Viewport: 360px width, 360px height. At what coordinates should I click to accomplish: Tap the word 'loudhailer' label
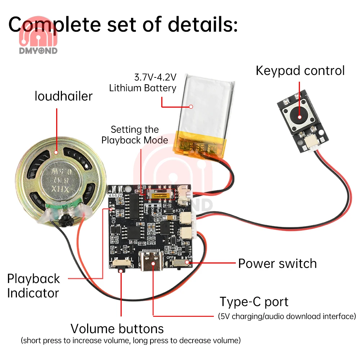[x=63, y=96]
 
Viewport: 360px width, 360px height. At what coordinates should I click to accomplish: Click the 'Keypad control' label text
[x=300, y=71]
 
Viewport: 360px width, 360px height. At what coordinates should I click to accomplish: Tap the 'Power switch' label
[x=277, y=264]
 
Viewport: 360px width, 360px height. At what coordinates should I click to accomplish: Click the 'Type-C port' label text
[x=254, y=302]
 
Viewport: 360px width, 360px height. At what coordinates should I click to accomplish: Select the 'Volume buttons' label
[x=117, y=329]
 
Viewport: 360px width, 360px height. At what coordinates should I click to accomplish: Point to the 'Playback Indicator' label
[x=33, y=286]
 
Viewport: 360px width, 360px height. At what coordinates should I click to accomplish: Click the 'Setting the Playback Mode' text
[x=135, y=135]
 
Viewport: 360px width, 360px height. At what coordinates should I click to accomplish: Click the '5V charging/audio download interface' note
[x=287, y=316]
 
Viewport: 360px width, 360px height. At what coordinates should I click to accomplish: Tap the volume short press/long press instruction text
[x=130, y=340]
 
